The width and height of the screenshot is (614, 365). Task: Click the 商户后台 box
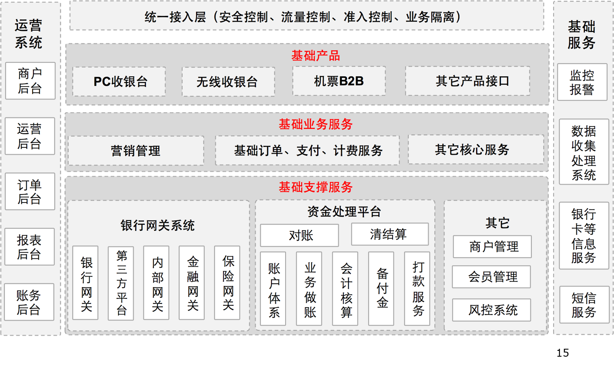(30, 81)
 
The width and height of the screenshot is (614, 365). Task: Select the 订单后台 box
(30, 191)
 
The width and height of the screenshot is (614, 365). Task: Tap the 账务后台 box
(29, 302)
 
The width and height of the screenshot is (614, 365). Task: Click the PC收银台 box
(120, 82)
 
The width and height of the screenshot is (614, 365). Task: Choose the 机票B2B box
(339, 81)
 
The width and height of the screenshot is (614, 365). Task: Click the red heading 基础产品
(316, 55)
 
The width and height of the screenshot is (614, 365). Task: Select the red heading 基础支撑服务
(316, 187)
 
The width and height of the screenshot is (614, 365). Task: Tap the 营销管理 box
(136, 150)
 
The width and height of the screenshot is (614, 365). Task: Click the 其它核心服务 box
(476, 150)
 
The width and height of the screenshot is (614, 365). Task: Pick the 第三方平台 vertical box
(121, 283)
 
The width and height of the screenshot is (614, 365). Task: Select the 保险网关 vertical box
(227, 283)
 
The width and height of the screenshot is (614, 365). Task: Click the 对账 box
(299, 235)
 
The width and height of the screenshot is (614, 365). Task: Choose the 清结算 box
(390, 234)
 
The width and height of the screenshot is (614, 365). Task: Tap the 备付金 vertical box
(381, 288)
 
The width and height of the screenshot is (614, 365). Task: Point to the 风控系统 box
(491, 310)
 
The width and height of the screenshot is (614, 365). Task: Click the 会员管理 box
(491, 277)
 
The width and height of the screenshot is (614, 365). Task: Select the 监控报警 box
(582, 82)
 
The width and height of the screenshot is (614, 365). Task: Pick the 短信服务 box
(584, 305)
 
